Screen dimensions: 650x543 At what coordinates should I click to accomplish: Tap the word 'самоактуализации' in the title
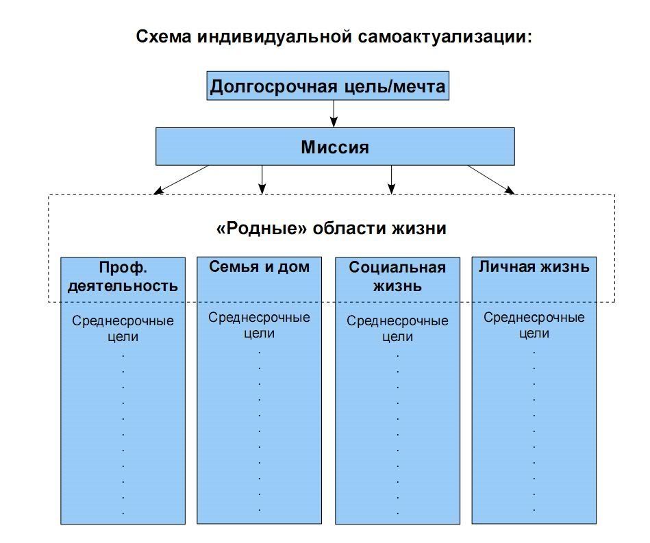point(445,37)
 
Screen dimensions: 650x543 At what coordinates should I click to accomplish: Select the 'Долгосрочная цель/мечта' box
point(328,86)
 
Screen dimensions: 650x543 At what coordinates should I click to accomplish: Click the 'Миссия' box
point(335,147)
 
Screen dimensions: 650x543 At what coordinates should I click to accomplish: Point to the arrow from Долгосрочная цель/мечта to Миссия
point(334,114)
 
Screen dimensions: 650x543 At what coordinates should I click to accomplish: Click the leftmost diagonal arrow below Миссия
point(181,180)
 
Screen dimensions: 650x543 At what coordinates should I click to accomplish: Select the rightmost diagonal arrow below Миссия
point(492,180)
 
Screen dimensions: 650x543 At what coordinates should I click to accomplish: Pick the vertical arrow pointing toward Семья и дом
point(262,180)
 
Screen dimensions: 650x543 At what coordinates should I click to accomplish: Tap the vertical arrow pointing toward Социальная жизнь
point(391,180)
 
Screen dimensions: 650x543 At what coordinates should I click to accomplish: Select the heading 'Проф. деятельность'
point(123,277)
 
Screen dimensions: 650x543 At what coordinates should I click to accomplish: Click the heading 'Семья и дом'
point(259,266)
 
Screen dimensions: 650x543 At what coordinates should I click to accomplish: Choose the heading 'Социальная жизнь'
point(397,277)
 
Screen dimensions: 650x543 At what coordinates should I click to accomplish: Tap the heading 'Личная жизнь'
point(534,266)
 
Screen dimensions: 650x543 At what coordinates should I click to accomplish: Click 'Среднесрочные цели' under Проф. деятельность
point(123,328)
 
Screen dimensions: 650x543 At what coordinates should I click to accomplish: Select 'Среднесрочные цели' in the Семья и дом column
point(259,325)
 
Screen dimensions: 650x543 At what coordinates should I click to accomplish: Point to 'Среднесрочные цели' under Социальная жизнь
point(397,328)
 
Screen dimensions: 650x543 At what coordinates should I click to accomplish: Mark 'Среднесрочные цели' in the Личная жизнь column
point(534,325)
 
